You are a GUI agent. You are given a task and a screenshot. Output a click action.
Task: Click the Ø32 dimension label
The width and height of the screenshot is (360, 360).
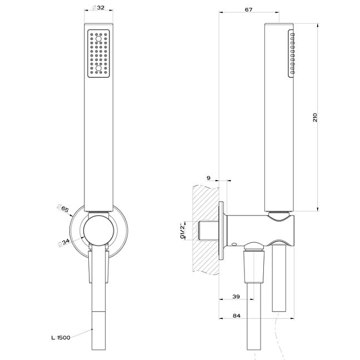(98, 8)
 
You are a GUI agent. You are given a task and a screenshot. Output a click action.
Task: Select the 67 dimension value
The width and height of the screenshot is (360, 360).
(248, 9)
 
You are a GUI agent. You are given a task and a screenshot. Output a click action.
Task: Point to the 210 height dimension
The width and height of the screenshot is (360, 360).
(315, 117)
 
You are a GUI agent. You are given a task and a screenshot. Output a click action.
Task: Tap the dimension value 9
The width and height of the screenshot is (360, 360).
(208, 178)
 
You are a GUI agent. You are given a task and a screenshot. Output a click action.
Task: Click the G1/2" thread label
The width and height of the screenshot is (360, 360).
(183, 231)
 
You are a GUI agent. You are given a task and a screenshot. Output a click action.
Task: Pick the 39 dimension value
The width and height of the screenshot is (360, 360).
(236, 297)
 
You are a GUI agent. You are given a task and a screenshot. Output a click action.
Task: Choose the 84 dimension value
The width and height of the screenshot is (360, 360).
(237, 316)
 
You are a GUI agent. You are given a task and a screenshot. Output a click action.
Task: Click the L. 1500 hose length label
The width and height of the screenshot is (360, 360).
(61, 338)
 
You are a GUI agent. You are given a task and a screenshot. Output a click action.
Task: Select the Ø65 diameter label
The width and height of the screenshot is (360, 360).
(63, 208)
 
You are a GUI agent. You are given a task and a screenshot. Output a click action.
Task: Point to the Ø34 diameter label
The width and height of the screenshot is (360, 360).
(63, 242)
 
